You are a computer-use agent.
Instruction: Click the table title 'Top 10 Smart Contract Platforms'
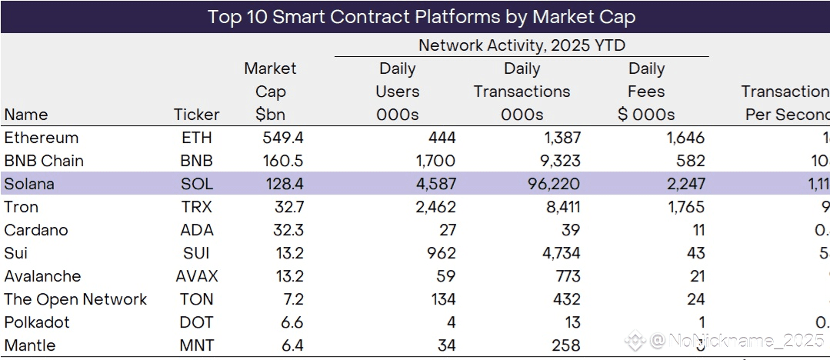point(421,16)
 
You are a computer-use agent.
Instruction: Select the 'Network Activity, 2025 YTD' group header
point(522,45)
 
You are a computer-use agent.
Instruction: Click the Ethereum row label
point(41,138)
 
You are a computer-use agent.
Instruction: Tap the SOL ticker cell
point(196,184)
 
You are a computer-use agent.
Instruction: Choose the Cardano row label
point(35,230)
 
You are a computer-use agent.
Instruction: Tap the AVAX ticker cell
point(196,276)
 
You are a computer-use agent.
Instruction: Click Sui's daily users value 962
point(439,253)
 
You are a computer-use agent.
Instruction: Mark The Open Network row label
point(75,299)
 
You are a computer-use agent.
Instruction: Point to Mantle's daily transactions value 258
point(565,345)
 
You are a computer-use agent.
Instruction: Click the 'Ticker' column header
point(196,115)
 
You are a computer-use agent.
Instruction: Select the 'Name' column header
point(25,115)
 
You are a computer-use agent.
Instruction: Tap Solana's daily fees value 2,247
point(682,184)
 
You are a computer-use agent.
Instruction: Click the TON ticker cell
point(196,299)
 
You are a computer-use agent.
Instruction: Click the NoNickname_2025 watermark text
point(735,340)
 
